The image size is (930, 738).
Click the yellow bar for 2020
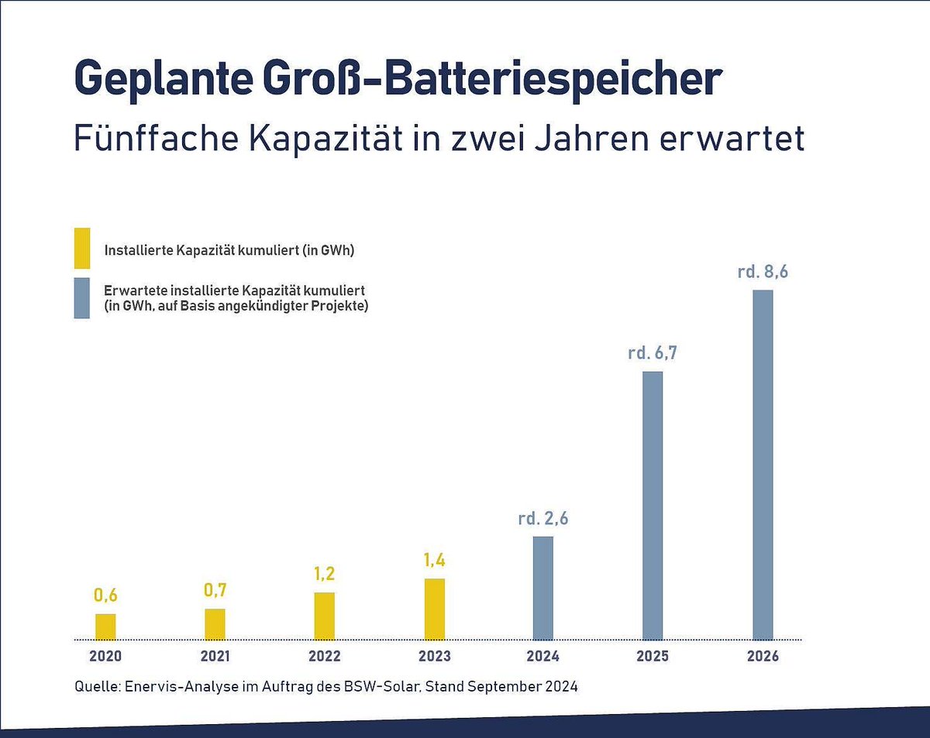click(x=105, y=626)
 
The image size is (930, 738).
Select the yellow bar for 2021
click(x=215, y=624)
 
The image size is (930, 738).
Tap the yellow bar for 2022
click(x=325, y=616)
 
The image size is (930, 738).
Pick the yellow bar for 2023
click(x=435, y=609)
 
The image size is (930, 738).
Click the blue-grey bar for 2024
click(x=543, y=588)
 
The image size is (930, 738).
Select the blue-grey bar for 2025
click(x=653, y=506)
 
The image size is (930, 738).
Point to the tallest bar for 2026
click(x=763, y=465)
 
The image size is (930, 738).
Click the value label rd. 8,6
click(x=763, y=273)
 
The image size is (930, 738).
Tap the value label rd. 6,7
click(x=653, y=354)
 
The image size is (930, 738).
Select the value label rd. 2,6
click(x=543, y=519)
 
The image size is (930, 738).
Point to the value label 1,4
click(x=435, y=561)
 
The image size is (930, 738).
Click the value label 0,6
click(x=105, y=596)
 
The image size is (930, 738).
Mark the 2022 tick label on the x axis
click(x=325, y=657)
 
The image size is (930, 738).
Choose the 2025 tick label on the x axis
click(x=653, y=657)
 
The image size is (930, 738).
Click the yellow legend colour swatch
click(x=82, y=249)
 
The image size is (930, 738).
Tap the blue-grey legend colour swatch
click(x=82, y=298)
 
